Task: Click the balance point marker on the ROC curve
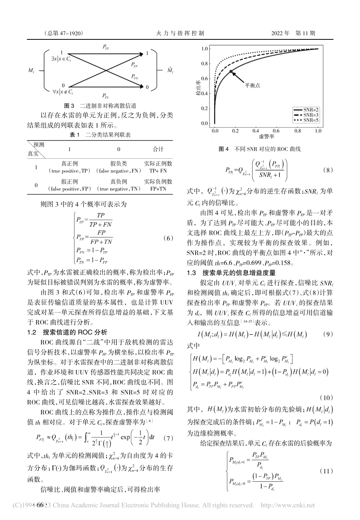(231, 71)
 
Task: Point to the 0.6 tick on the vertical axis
(205, 79)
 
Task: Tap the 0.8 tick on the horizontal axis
(297, 131)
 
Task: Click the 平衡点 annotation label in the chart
(252, 85)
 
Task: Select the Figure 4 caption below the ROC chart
(260, 149)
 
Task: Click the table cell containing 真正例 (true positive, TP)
(69, 167)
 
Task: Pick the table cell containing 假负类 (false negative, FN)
(118, 167)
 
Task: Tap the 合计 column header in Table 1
(158, 148)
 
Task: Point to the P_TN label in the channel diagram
(106, 96)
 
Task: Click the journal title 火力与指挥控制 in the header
(180, 33)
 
